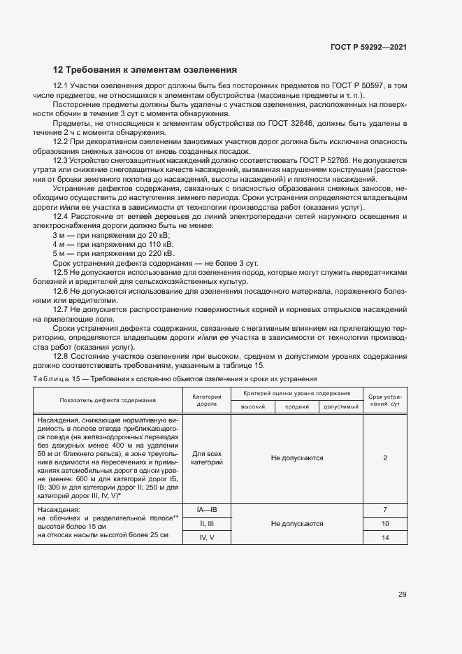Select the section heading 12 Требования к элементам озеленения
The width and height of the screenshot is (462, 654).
tap(145, 69)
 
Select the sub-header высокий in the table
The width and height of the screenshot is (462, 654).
tap(252, 406)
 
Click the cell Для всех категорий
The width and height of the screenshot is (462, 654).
tap(206, 458)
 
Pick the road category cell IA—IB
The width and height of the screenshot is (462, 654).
tap(206, 510)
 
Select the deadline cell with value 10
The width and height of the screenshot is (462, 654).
tap(385, 523)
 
